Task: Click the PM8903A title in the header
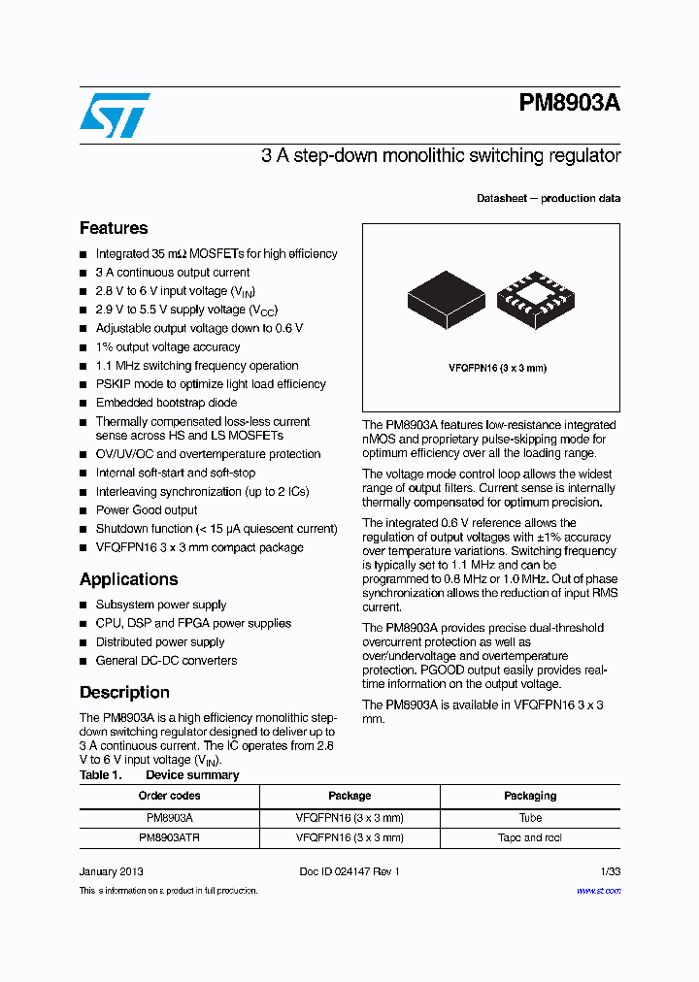pyautogui.click(x=569, y=104)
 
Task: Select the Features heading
pyautogui.click(x=114, y=228)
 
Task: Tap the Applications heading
pyautogui.click(x=128, y=579)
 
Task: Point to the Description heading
pyautogui.click(x=124, y=692)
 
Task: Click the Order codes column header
pyautogui.click(x=169, y=796)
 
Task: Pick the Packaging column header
pyautogui.click(x=530, y=796)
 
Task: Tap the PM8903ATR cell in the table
pyautogui.click(x=169, y=837)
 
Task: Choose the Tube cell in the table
pyautogui.click(x=530, y=817)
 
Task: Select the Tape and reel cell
pyautogui.click(x=530, y=837)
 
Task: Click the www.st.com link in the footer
pyautogui.click(x=599, y=891)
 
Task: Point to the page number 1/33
pyautogui.click(x=609, y=871)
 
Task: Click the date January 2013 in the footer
pyautogui.click(x=111, y=871)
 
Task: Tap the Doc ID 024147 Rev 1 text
pyautogui.click(x=349, y=871)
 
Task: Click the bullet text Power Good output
pyautogui.click(x=146, y=510)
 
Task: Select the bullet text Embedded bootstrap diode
pyautogui.click(x=166, y=403)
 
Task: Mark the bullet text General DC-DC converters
pyautogui.click(x=166, y=661)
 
